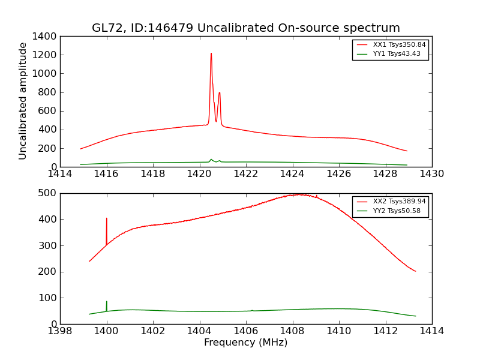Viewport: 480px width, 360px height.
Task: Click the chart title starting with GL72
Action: tap(245, 28)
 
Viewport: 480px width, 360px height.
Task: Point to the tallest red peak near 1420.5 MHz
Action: tap(211, 54)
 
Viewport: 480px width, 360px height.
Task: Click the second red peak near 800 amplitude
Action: tap(220, 93)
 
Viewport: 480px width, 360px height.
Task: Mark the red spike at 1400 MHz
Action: tap(107, 220)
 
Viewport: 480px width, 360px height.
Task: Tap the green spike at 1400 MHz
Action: tap(107, 302)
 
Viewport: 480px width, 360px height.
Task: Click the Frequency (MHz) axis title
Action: tap(245, 343)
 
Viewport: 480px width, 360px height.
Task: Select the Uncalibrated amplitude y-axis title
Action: tap(23, 101)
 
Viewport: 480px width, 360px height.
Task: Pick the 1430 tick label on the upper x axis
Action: tap(431, 174)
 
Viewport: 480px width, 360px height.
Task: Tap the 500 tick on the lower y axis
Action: tap(49, 193)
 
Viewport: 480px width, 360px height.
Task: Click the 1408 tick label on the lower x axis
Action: tap(292, 331)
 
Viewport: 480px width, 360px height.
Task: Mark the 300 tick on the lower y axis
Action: tap(49, 245)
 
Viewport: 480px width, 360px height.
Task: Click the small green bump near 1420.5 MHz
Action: tap(211, 160)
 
